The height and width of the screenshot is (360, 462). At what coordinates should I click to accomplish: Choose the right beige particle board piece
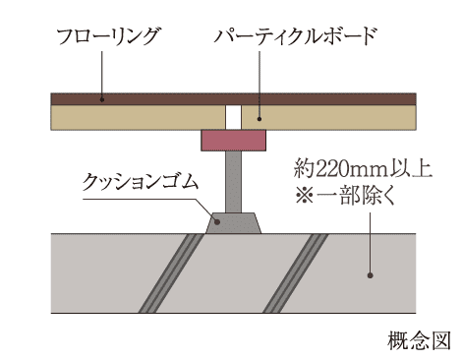(x=334, y=117)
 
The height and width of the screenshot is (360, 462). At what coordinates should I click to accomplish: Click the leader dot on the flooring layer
(x=102, y=97)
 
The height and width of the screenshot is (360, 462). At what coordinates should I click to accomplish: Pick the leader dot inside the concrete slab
(x=369, y=274)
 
